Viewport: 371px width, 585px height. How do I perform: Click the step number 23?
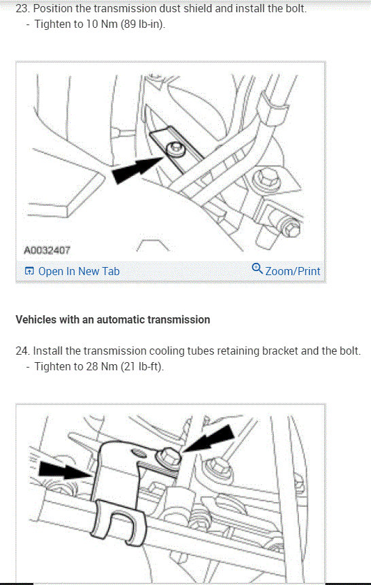(22, 8)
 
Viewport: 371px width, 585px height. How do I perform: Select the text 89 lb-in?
(142, 24)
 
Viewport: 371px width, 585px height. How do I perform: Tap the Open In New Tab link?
(79, 271)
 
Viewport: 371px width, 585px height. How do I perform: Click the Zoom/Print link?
(293, 271)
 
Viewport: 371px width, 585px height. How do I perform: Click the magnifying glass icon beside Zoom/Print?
(257, 268)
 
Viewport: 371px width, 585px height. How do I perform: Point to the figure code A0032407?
(47, 250)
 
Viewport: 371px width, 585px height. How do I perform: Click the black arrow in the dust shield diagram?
(137, 169)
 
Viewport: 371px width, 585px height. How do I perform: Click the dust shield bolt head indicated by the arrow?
(175, 149)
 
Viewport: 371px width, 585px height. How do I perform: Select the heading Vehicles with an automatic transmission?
(113, 320)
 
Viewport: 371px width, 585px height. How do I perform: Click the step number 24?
(22, 351)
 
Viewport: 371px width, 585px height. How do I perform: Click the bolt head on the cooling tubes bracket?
(169, 457)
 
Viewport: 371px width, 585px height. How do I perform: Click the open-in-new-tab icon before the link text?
(29, 271)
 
